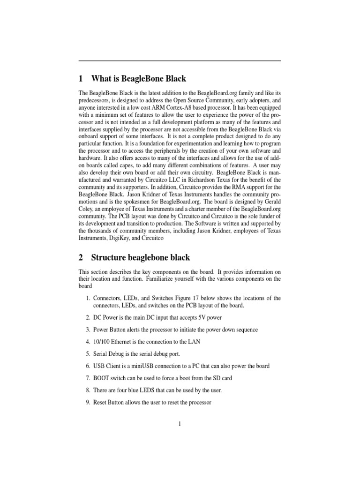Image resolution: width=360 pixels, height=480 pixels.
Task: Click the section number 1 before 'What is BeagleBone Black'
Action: click(x=81, y=78)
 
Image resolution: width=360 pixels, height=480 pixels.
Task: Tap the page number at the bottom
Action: click(x=180, y=424)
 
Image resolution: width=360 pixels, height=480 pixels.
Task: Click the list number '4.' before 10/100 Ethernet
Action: click(x=88, y=342)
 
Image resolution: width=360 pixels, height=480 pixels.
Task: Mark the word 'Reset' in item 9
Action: click(x=102, y=403)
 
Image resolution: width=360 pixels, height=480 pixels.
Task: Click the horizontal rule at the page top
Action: click(x=180, y=61)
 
